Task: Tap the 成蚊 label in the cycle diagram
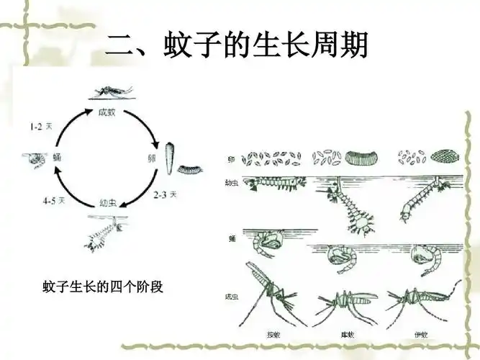pos(107,112)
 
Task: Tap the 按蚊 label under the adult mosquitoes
pos(273,334)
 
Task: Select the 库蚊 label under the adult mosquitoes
pos(348,334)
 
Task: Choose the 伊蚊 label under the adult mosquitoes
pos(421,334)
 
